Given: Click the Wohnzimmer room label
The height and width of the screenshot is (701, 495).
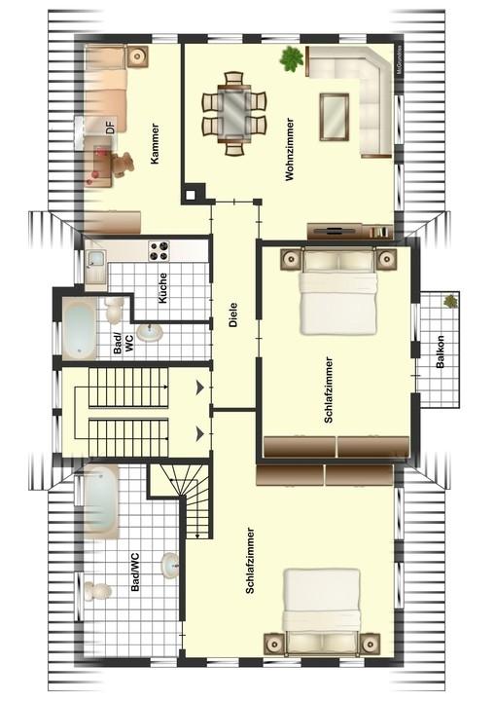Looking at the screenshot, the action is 290,149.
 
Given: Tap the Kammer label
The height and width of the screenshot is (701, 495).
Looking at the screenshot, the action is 155,143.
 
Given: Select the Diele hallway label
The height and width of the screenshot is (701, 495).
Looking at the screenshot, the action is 233,315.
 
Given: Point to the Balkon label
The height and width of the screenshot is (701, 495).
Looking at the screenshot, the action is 441,351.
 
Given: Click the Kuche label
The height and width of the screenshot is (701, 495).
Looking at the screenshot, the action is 163,288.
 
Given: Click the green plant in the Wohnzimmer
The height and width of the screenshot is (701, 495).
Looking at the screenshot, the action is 292,59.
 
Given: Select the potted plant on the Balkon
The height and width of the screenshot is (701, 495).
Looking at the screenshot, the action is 450,301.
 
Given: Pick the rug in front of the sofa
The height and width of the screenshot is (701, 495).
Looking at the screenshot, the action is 334,117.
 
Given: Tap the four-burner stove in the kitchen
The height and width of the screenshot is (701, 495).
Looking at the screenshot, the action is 159,250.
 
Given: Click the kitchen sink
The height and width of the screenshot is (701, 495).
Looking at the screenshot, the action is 95,260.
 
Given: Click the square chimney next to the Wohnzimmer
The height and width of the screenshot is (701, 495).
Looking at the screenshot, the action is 191,195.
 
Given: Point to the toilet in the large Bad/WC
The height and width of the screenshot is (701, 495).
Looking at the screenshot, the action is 97,592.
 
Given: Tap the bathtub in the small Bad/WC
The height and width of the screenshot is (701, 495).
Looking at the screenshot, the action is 80,329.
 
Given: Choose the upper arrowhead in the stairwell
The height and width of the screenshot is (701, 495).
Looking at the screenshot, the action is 199,388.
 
